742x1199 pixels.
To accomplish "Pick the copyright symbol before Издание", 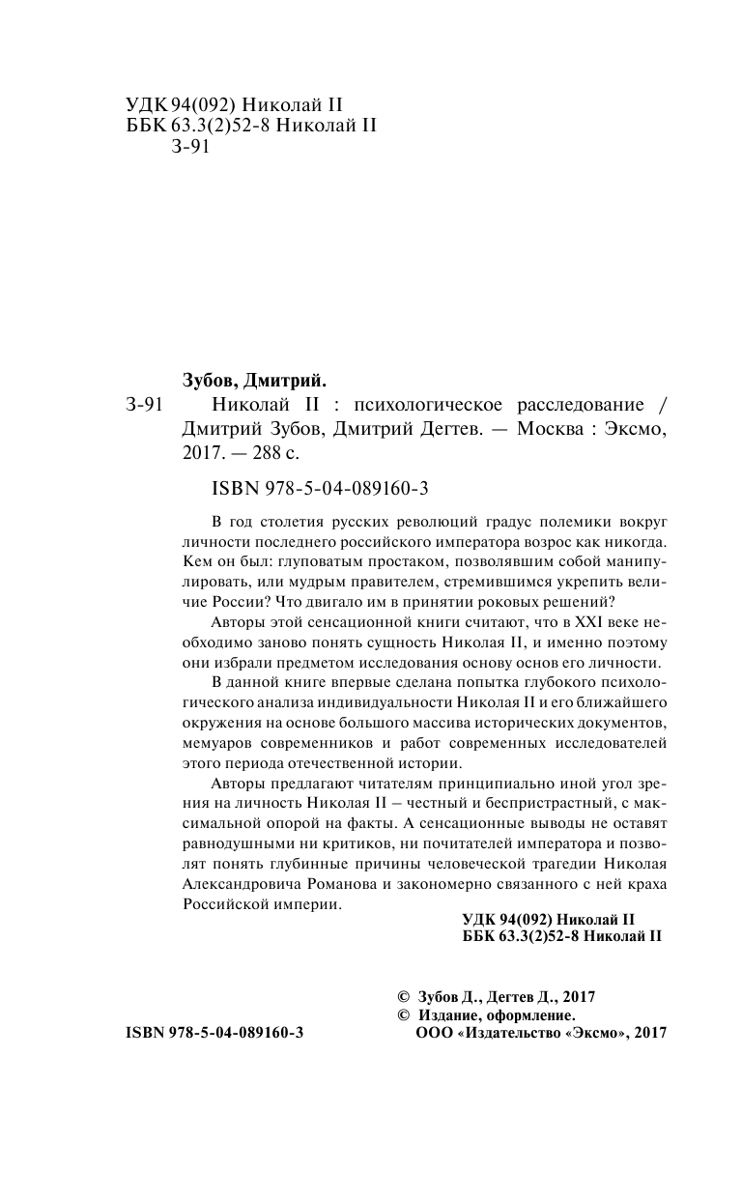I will coord(404,1015).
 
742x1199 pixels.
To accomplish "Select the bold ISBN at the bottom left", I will coord(214,1033).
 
